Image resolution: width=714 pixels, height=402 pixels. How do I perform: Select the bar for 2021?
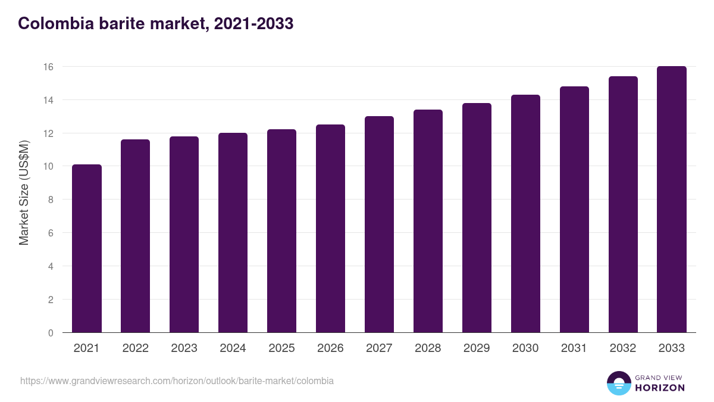coord(87,248)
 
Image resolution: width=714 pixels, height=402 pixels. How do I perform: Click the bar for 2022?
coord(136,236)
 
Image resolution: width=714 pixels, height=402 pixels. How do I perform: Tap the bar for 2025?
coord(281,231)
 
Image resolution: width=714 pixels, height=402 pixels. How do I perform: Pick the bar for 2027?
coord(379,225)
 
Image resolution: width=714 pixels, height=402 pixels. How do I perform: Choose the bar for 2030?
coord(525,214)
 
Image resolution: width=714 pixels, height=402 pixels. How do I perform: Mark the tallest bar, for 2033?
coord(672,200)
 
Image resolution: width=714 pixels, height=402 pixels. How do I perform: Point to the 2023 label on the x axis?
coord(184,348)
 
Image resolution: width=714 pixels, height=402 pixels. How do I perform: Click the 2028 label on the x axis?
coord(428,348)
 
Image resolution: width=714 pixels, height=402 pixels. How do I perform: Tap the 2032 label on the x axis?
coord(623,348)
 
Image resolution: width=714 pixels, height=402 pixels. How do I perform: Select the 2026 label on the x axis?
coord(330,348)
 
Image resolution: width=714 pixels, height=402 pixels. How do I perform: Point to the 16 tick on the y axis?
coord(48,67)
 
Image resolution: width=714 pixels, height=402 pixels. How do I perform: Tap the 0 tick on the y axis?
coord(51,333)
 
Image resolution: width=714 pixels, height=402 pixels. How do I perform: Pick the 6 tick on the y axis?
coord(51,233)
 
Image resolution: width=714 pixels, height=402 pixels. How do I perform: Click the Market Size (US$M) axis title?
coord(24,192)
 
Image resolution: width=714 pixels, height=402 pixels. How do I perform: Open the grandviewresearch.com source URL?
coord(177,381)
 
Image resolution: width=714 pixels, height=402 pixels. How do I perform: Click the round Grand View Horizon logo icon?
coord(619,383)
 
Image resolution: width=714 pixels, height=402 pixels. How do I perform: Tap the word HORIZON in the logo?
coord(660,388)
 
